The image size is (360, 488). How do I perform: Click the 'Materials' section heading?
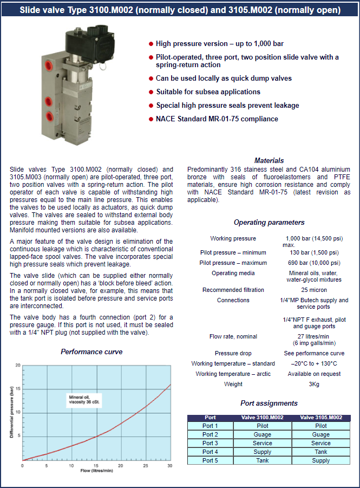269,160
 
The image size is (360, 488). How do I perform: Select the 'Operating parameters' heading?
269,222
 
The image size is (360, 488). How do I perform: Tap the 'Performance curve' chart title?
91,352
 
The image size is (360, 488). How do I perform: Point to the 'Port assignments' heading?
269,403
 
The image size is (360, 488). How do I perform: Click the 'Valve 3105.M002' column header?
320,418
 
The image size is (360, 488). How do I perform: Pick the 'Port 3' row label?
210,443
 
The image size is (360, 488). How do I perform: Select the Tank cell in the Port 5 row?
262,460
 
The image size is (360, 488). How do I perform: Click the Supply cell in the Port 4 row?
262,452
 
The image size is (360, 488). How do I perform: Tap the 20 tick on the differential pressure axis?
18,366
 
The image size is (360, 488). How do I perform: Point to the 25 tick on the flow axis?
145,466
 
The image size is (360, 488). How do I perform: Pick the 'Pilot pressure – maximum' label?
233,262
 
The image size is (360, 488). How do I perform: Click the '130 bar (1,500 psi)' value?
312,252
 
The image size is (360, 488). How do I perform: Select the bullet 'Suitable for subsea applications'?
208,92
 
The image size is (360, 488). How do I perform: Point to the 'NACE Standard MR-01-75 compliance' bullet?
217,119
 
